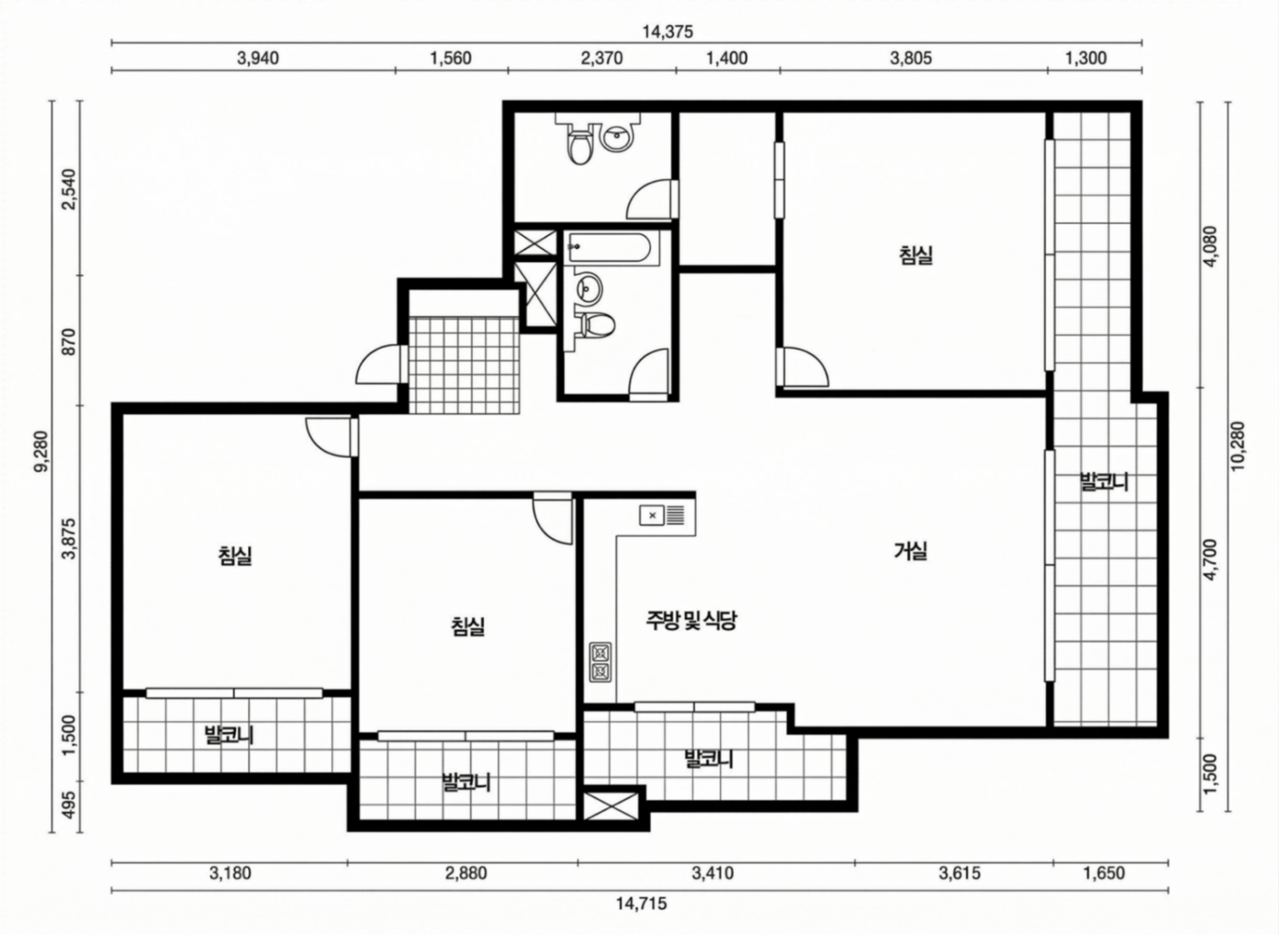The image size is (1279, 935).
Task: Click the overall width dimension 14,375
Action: pos(667,32)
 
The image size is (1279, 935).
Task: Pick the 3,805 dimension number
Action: pos(910,58)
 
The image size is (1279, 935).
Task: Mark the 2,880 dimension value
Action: pos(465,873)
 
